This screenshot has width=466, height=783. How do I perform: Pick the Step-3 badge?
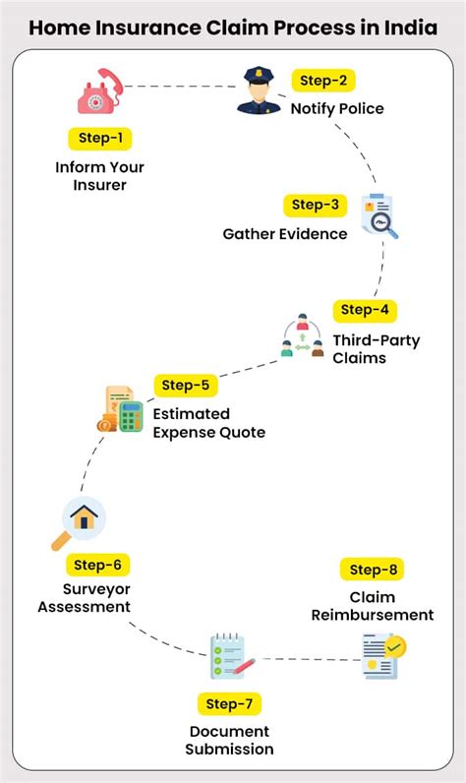(315, 206)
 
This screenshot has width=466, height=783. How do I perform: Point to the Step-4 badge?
(365, 310)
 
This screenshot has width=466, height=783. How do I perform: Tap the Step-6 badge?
(97, 565)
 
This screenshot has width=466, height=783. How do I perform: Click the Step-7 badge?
(230, 703)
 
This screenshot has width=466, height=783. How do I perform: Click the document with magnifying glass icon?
(379, 217)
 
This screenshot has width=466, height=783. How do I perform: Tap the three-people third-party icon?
(301, 337)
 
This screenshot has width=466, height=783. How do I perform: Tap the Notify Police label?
(337, 107)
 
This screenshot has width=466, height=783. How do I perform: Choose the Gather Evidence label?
(285, 234)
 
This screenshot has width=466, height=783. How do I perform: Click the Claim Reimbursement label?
(372, 606)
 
